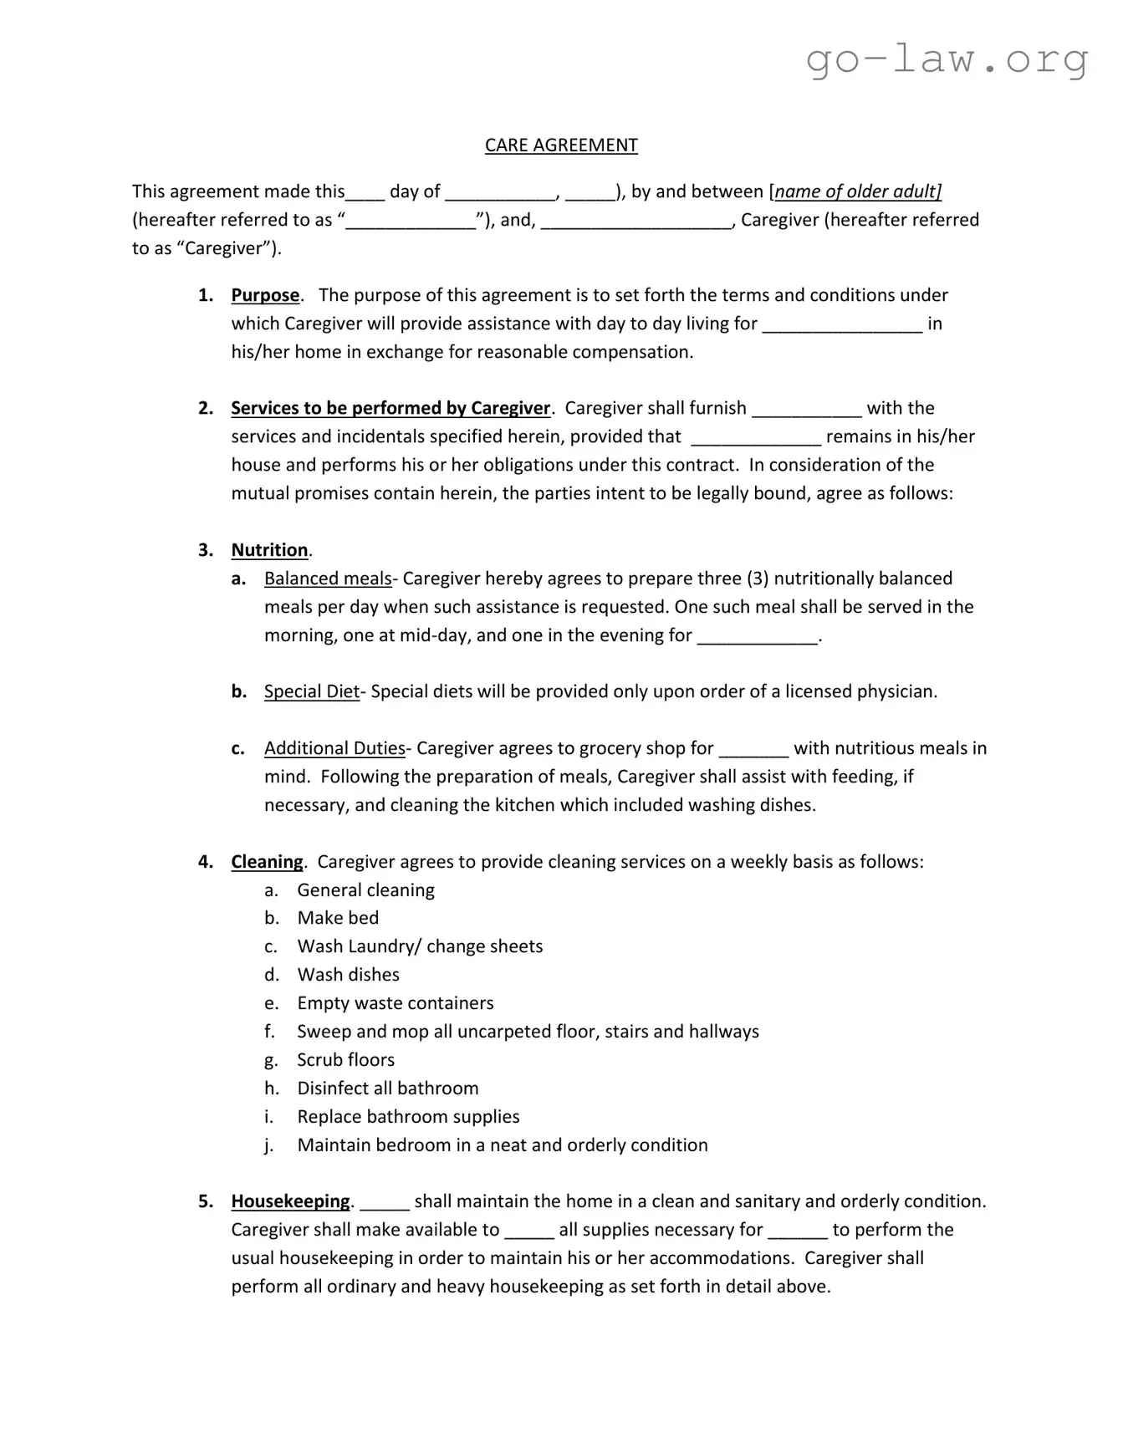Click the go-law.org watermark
947,60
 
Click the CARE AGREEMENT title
561,145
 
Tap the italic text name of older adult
858,191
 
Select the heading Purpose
265,295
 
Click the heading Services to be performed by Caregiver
390,408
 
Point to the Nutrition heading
269,550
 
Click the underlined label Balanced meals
328,579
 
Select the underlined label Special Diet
311,691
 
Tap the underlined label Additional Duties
334,748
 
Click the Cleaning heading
267,862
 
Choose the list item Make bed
338,918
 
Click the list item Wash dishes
348,975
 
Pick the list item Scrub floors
345,1060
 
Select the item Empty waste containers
395,1003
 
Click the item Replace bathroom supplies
408,1117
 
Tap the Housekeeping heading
290,1201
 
